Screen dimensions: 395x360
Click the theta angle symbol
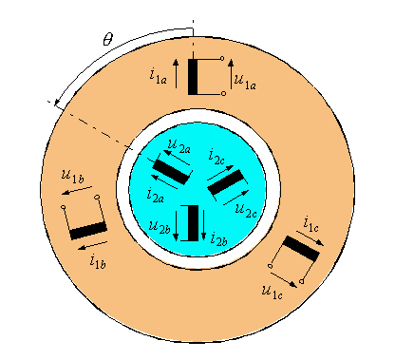[107, 41]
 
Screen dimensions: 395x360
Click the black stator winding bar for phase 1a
[194, 77]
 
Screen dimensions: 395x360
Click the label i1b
[98, 256]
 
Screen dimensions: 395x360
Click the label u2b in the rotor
[161, 225]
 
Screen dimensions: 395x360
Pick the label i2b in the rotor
[217, 239]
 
